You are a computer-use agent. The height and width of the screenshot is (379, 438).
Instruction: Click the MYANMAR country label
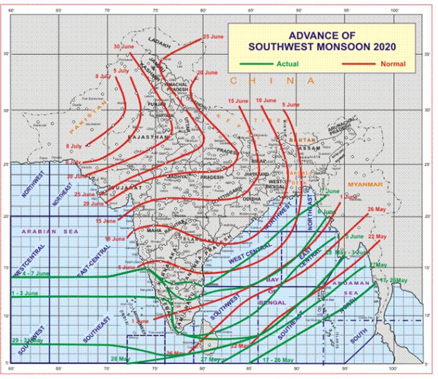[x=365, y=184]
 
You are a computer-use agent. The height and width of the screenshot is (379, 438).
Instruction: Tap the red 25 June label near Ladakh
[x=213, y=37]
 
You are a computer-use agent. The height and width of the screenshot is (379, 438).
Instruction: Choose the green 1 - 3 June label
[x=24, y=293]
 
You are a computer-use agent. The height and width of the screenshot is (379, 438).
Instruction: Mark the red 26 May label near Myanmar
[x=376, y=209]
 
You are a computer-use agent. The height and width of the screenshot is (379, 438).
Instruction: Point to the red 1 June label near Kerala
[x=140, y=321]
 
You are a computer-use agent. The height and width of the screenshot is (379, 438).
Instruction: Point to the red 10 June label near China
[x=265, y=101]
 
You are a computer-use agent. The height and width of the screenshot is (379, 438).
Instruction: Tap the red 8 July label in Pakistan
[x=75, y=146]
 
